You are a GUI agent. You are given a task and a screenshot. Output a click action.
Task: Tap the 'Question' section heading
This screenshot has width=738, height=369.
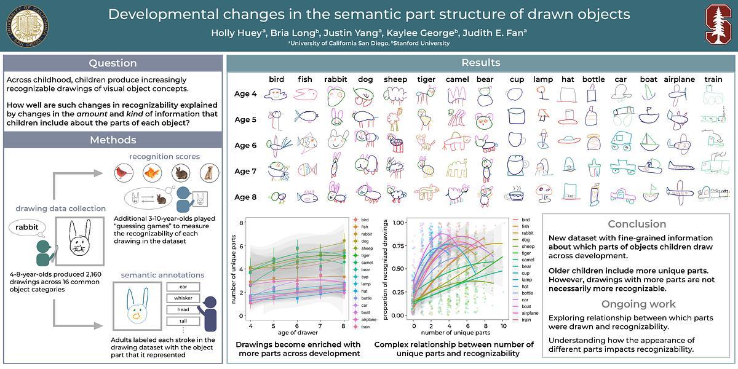click(113, 63)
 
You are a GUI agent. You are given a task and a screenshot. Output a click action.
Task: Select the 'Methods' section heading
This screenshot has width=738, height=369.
click(113, 140)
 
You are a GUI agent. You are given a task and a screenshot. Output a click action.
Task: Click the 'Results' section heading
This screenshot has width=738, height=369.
click(481, 63)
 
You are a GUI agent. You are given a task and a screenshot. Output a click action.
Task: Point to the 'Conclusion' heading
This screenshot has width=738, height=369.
click(637, 224)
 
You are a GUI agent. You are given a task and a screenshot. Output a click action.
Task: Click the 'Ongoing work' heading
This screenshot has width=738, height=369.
click(638, 304)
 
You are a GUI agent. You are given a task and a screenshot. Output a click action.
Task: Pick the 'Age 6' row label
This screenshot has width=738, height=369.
click(245, 145)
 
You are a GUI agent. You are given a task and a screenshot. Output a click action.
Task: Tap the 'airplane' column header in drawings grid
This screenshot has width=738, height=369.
click(679, 79)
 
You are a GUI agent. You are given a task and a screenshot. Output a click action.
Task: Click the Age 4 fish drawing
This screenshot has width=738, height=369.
click(304, 94)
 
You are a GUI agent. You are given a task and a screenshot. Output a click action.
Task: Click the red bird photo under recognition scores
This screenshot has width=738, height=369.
click(125, 173)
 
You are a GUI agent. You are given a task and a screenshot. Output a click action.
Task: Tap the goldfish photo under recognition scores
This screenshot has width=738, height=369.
click(152, 173)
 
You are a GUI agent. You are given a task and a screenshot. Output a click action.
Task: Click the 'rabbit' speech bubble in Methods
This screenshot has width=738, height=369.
click(28, 228)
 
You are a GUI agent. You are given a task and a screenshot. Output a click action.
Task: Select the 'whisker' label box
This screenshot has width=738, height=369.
click(183, 298)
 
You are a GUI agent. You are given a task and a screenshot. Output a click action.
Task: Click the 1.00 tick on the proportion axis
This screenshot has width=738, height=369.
click(399, 223)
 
